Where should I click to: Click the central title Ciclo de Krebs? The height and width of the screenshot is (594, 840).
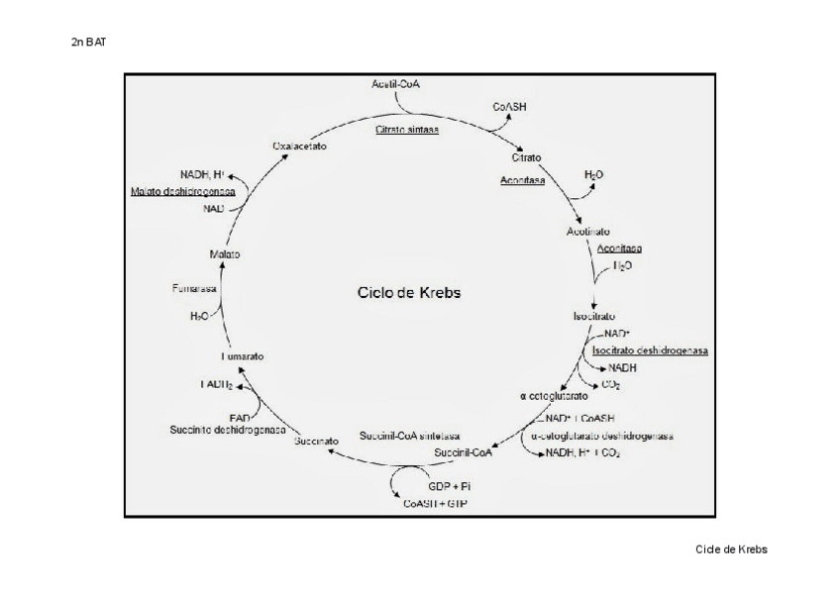coord(409,293)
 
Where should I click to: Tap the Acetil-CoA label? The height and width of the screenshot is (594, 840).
coord(396,84)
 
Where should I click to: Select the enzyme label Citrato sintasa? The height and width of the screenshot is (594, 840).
coord(408,130)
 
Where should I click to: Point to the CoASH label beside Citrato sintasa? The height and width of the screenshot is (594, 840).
coord(509,106)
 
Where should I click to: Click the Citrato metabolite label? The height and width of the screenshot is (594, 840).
coord(526,157)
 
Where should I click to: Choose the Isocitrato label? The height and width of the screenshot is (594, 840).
coord(593,316)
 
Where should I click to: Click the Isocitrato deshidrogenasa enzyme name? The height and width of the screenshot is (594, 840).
coord(651,350)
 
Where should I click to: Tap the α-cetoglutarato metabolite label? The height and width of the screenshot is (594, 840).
coord(554,396)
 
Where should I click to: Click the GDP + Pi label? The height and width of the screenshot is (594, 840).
coord(450,487)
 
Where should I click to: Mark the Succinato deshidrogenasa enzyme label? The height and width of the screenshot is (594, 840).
coord(227,430)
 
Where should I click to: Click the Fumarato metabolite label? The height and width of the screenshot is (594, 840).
coord(243,355)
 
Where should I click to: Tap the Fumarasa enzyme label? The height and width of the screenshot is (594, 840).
coord(193,288)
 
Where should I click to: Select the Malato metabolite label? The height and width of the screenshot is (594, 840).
coord(225,254)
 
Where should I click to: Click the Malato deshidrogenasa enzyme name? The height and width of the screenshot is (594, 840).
coord(189,191)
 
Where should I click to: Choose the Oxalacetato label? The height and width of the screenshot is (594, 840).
coord(300,147)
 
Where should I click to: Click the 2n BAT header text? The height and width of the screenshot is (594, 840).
coord(88,43)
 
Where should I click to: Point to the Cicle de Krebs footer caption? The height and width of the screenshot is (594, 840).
coord(732,548)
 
